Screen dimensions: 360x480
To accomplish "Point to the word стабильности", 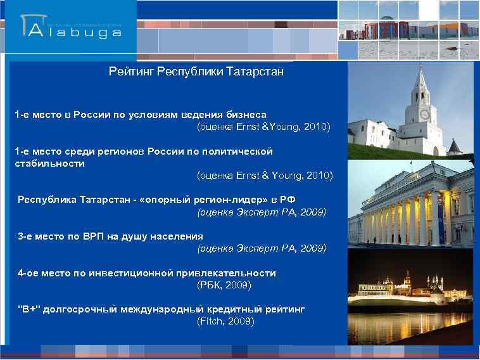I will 49,164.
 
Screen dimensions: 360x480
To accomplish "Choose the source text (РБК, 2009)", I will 224,285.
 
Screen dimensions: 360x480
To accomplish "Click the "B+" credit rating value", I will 29,309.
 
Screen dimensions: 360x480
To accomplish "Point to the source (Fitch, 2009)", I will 226,321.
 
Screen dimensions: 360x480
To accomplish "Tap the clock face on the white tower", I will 424,114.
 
